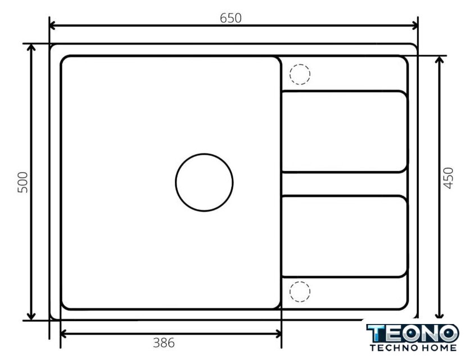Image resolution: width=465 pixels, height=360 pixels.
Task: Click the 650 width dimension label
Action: tap(231, 18)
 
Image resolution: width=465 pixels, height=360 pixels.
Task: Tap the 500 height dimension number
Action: tap(22, 182)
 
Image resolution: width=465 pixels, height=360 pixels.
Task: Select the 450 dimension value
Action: tap(448, 178)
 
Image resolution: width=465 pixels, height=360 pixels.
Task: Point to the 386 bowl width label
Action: tap(164, 343)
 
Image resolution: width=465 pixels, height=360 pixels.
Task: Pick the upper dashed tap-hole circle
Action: tap(300, 64)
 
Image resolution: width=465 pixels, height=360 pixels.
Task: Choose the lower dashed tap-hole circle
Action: tap(300, 282)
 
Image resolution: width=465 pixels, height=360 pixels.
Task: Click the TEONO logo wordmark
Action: tap(413, 333)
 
